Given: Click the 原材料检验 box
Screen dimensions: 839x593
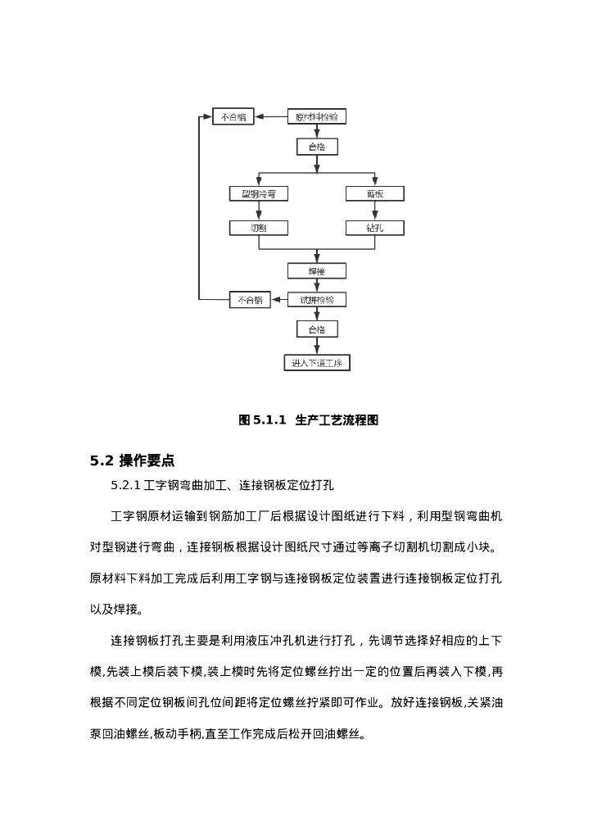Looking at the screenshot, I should [317, 117].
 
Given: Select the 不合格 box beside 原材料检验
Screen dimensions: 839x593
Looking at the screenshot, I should [233, 117].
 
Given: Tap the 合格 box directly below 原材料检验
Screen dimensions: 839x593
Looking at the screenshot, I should [317, 147].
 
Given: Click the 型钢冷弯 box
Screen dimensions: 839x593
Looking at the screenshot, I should [259, 194].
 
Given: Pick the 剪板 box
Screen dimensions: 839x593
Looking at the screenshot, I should [374, 194].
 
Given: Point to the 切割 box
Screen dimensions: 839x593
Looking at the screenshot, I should [259, 228].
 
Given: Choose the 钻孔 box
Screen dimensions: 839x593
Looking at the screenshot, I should [374, 228].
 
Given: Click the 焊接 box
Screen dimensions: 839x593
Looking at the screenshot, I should [317, 270].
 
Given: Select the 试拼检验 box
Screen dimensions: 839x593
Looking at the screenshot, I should [317, 300].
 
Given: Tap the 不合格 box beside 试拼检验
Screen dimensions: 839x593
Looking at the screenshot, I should [250, 300].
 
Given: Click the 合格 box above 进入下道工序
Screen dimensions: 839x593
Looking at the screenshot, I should [317, 329].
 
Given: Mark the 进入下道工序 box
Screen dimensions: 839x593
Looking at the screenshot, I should [317, 363].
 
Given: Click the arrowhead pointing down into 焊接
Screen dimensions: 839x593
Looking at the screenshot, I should [317, 258].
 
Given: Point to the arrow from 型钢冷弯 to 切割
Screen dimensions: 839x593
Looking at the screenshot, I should [259, 211].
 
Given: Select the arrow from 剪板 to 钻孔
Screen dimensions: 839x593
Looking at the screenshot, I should [374, 211].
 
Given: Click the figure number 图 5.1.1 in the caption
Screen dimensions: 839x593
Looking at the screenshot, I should [262, 420].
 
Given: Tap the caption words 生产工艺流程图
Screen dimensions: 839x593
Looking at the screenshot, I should [337, 420].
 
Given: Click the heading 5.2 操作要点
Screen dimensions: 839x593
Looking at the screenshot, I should [132, 460].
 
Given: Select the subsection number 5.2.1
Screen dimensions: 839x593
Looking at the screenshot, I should [125, 486].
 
